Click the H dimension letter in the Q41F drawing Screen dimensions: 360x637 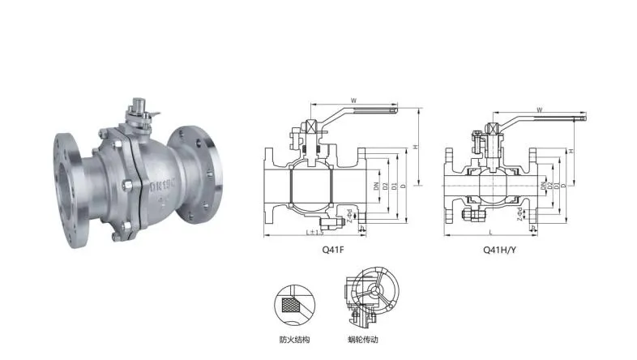point(415,148)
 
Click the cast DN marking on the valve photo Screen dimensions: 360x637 point(162,183)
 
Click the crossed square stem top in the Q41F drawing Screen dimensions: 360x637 point(310,128)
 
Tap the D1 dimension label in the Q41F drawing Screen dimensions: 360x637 point(395,186)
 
